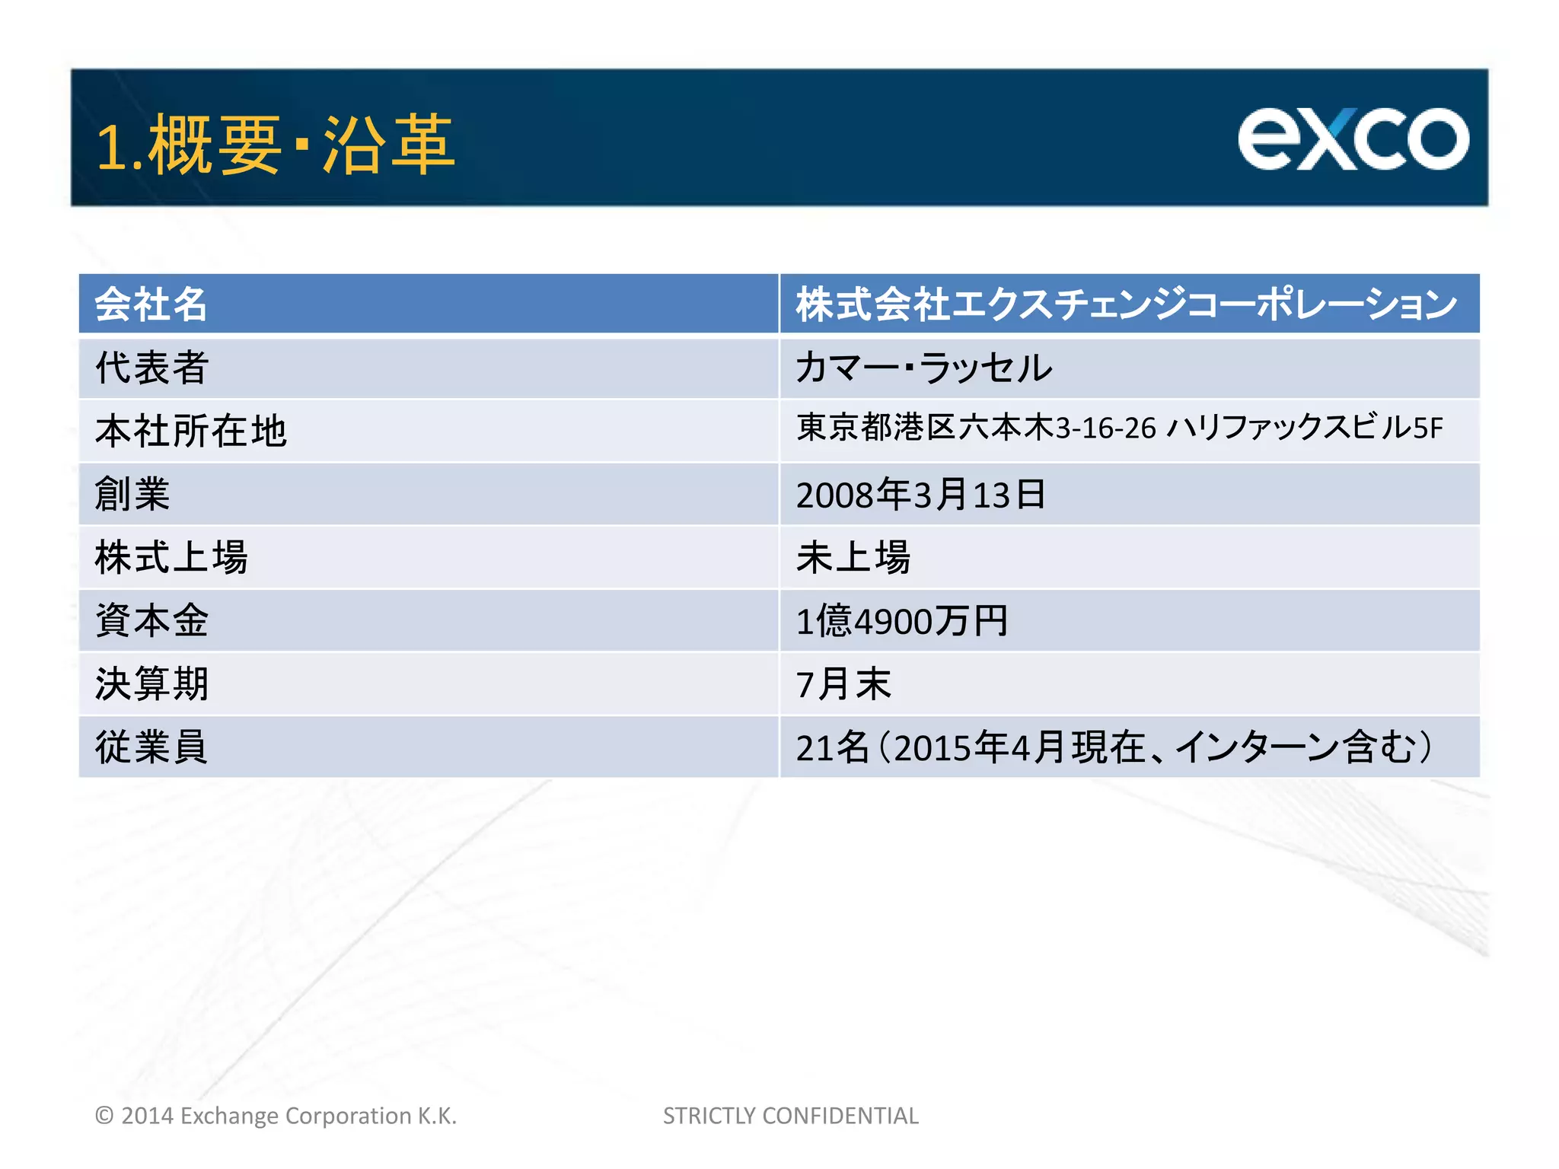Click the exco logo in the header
click(1353, 139)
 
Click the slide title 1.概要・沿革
click(275, 145)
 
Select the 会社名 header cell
click(151, 304)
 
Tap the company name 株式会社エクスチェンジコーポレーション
click(1126, 304)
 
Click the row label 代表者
click(151, 368)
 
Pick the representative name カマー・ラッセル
click(923, 368)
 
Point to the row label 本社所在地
click(190, 431)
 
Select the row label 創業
click(132, 494)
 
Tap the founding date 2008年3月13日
click(920, 495)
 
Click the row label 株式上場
click(171, 557)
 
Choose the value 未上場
click(853, 557)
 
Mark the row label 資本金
click(151, 620)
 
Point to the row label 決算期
click(151, 683)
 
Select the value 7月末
click(843, 683)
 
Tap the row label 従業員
click(151, 747)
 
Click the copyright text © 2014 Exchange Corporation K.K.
click(276, 1116)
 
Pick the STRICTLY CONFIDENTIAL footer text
click(790, 1116)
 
